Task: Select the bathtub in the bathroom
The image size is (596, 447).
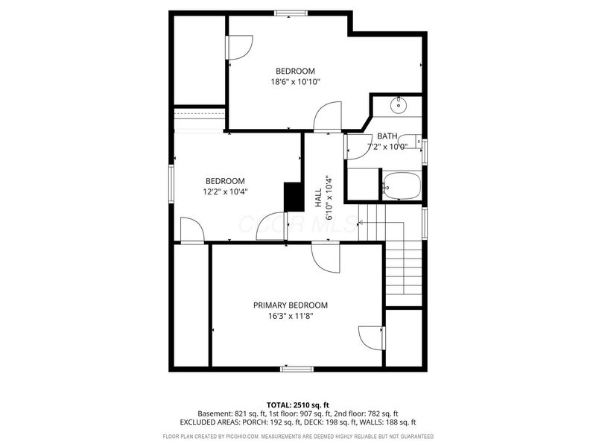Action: point(402,186)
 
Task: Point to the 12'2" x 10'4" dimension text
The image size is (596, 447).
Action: point(225,191)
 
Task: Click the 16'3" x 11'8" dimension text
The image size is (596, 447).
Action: point(291,316)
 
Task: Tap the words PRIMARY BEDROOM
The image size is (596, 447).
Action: point(291,305)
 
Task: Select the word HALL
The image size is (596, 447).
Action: point(318,197)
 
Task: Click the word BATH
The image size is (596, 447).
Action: point(387,136)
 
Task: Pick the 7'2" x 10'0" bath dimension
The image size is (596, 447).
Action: point(387,147)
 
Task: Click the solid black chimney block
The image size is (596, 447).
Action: point(292,197)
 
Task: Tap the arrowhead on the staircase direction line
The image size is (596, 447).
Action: point(361,222)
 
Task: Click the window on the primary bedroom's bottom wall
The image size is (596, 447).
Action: point(297,368)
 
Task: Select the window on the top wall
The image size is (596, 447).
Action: point(287,13)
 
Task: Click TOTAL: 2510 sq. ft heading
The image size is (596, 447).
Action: point(298,405)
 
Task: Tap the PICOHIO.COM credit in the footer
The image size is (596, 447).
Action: point(235,437)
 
